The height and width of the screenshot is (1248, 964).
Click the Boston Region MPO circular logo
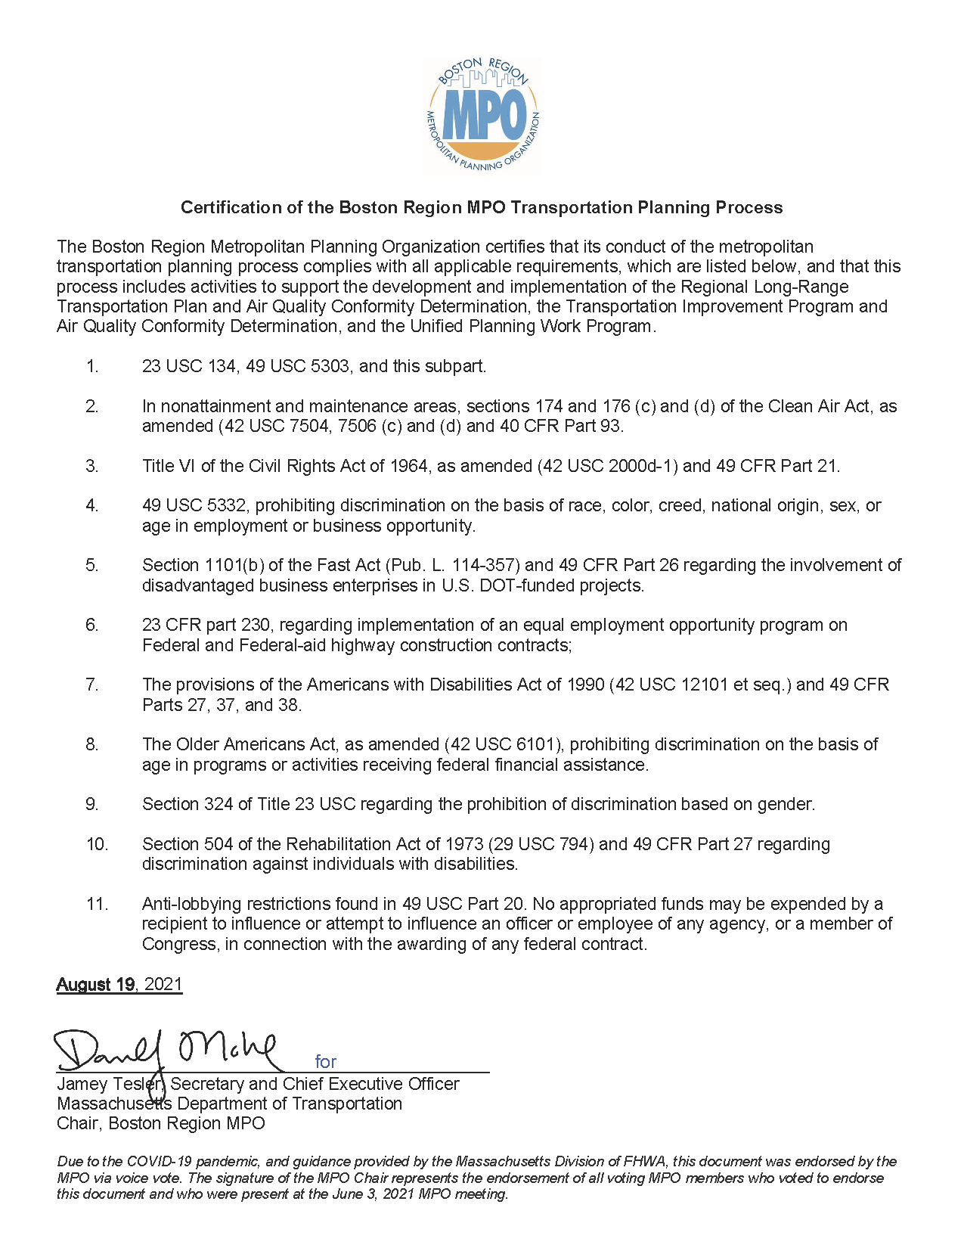[482, 116]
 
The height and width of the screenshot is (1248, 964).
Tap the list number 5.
[91, 565]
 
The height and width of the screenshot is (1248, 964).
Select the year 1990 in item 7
[585, 685]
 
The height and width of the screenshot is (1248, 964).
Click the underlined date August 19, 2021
[119, 984]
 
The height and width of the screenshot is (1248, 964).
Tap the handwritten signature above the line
[166, 1050]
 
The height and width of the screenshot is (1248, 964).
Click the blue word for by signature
[325, 1061]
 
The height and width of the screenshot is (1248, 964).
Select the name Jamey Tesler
[109, 1084]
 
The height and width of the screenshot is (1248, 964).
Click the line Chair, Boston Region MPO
[160, 1123]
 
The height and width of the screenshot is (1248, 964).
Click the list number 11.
[97, 904]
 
